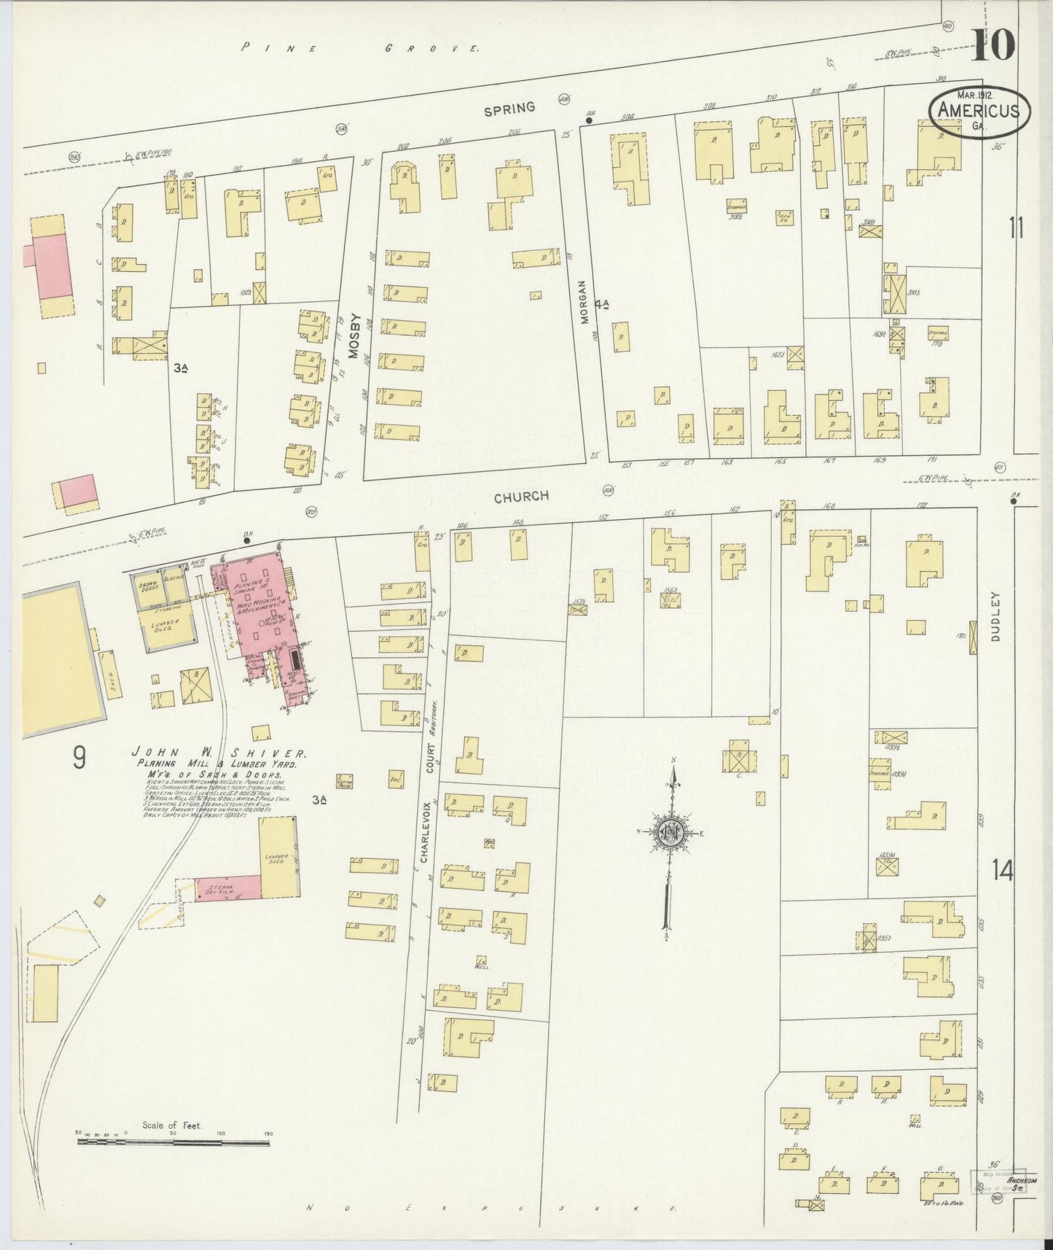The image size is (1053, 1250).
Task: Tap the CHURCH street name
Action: point(521,497)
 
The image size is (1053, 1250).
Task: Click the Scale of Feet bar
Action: point(174,1154)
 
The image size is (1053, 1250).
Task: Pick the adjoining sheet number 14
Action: point(1002,870)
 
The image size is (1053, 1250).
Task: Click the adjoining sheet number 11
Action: point(1016,228)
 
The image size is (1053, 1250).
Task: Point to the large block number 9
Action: point(79,758)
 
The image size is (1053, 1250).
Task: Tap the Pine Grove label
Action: point(361,49)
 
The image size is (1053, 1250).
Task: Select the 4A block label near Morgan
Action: point(600,303)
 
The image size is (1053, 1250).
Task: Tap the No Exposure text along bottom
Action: point(492,1208)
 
